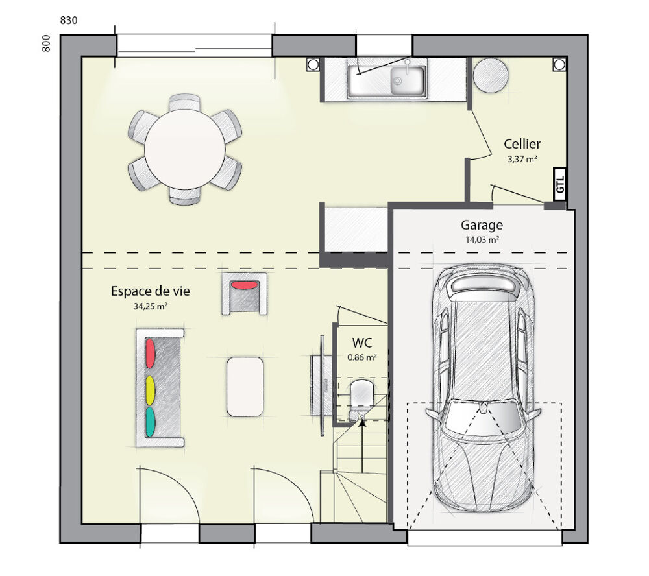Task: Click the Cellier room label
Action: tap(522, 144)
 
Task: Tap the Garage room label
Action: tap(482, 225)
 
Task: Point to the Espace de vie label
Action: tap(150, 291)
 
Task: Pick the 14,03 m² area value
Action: tap(482, 239)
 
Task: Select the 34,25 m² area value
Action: tap(151, 306)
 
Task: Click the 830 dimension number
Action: tap(69, 20)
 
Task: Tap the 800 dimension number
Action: tap(46, 43)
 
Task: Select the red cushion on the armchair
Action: tap(244, 284)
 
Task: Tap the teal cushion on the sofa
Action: tap(150, 420)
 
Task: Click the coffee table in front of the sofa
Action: tap(245, 387)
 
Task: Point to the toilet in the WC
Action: tap(361, 394)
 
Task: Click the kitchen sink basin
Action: tap(407, 80)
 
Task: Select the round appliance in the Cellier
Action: tap(491, 76)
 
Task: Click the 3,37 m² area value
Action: tap(522, 158)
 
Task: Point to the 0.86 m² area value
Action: tap(361, 356)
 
